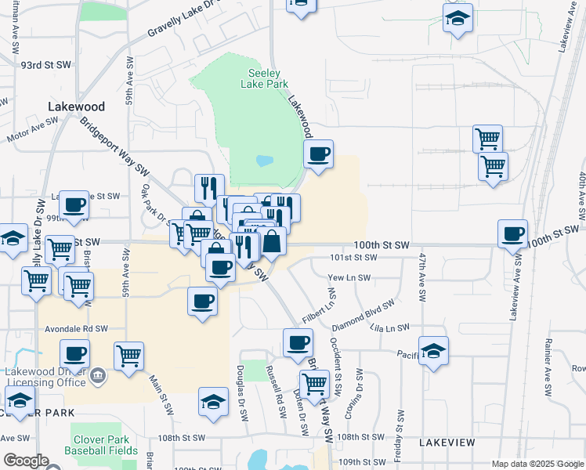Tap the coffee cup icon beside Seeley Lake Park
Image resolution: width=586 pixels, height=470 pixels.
coord(317,154)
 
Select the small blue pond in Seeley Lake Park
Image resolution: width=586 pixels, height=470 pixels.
coord(264,161)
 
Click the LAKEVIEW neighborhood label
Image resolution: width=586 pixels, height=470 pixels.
coord(446,443)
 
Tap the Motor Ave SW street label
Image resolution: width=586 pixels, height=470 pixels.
coord(32,130)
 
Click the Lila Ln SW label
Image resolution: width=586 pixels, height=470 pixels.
coord(392,327)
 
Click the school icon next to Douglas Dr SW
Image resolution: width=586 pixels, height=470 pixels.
coord(213,401)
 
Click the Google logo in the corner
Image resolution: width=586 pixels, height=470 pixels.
coord(26,461)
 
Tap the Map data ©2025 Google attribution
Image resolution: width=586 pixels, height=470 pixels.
coord(537,464)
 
